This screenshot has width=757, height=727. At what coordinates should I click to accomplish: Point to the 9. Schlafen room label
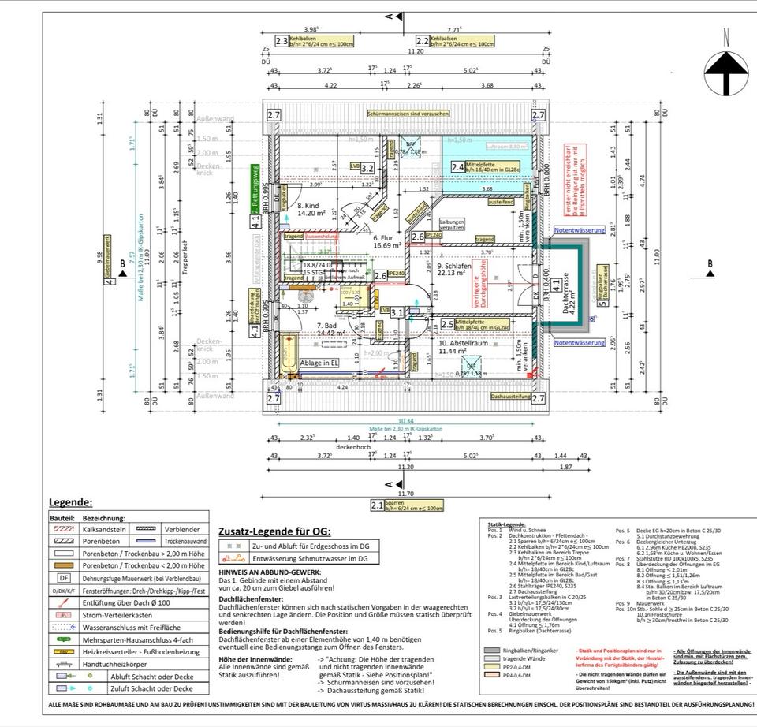point(455,269)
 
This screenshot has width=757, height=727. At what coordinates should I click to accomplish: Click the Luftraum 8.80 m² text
point(506,147)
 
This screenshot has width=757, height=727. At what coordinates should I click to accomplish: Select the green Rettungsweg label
point(255,188)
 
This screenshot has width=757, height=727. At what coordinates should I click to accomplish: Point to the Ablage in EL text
point(320,363)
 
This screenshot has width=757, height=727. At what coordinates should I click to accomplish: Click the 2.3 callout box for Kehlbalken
point(282,41)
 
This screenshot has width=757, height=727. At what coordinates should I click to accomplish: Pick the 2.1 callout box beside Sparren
point(377,507)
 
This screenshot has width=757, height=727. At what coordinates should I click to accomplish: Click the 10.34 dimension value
point(406,422)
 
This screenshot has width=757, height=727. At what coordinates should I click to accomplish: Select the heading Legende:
point(71,502)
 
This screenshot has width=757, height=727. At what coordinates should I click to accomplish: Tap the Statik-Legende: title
point(506,524)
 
